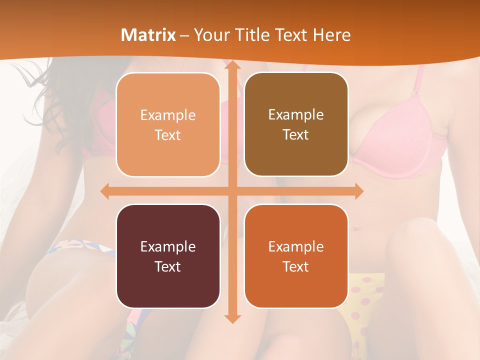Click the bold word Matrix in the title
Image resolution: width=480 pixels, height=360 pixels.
point(148,35)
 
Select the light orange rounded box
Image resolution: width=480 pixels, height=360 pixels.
point(168,125)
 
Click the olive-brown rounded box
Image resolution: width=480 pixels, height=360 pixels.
point(296,124)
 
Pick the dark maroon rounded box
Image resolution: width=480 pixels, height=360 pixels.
point(168,256)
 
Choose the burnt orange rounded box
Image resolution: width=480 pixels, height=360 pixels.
point(296,256)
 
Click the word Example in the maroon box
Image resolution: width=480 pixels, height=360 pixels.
point(168,246)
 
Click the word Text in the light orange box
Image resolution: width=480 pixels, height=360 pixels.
point(168,135)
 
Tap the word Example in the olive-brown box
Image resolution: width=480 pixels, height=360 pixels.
point(296,114)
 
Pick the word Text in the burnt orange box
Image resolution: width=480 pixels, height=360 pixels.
point(296,266)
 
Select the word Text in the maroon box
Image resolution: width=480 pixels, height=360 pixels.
point(168,266)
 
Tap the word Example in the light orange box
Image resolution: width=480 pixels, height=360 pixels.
point(168,115)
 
